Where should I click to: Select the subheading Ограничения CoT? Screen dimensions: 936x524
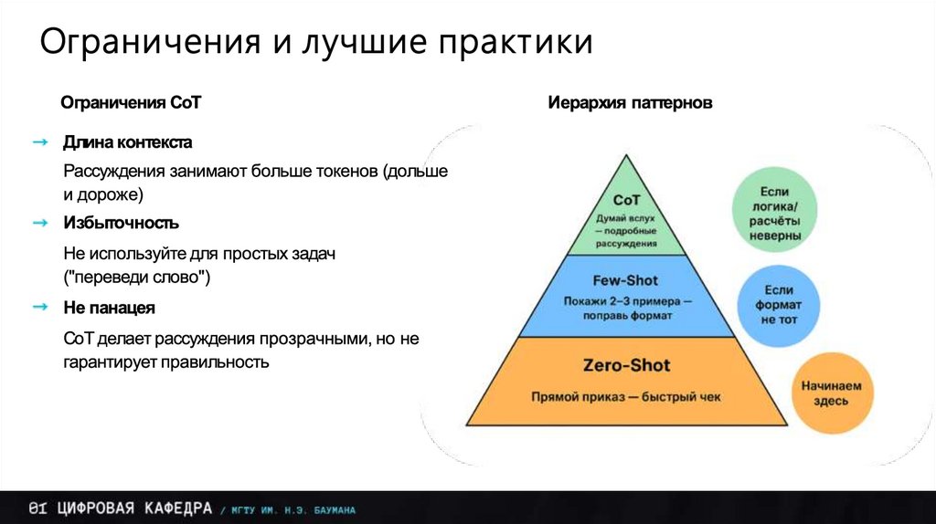click(x=130, y=103)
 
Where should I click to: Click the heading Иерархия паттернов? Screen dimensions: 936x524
click(x=630, y=103)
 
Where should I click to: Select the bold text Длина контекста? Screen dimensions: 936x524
click(x=127, y=143)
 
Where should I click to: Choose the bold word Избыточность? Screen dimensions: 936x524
click(x=121, y=223)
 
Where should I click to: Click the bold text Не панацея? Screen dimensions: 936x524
click(x=109, y=308)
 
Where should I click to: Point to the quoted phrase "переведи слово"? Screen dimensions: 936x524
click(x=137, y=278)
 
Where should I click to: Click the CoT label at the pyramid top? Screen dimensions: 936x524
click(x=626, y=200)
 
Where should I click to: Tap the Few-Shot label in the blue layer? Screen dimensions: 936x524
click(x=626, y=280)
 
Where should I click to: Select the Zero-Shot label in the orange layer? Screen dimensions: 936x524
click(x=626, y=366)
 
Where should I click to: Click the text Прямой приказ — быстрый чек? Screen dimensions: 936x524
click(x=626, y=397)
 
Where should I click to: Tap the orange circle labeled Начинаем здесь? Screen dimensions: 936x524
click(x=832, y=393)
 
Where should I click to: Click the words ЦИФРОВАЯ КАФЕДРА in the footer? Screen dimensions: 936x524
click(x=133, y=508)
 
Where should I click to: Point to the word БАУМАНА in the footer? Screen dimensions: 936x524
click(x=329, y=509)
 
